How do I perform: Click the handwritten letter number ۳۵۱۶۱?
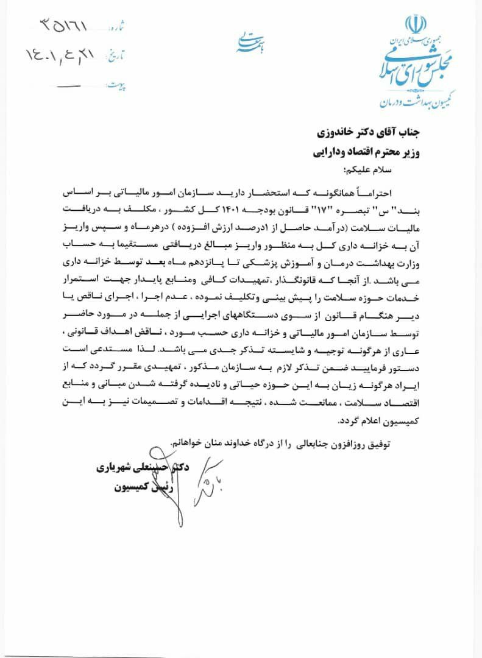pyautogui.click(x=65, y=26)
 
